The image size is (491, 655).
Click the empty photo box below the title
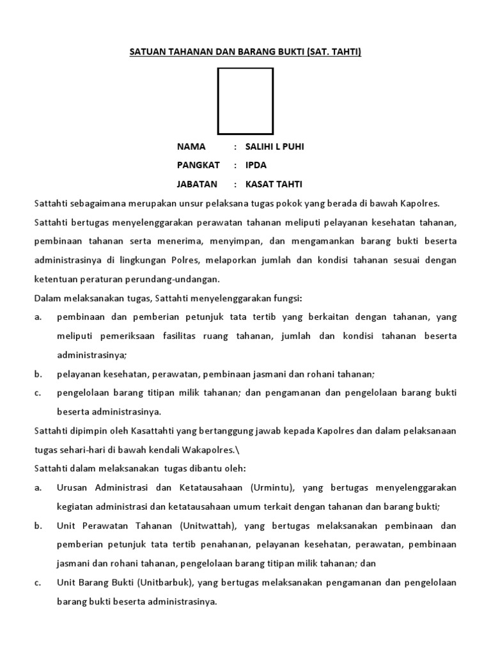point(245,100)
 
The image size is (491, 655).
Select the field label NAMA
point(191,146)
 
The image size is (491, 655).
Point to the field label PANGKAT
point(198,165)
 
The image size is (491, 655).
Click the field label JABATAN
point(197,184)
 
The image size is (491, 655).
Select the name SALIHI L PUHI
point(275,146)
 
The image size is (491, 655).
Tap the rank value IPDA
point(256,165)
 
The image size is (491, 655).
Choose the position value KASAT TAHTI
point(274,184)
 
